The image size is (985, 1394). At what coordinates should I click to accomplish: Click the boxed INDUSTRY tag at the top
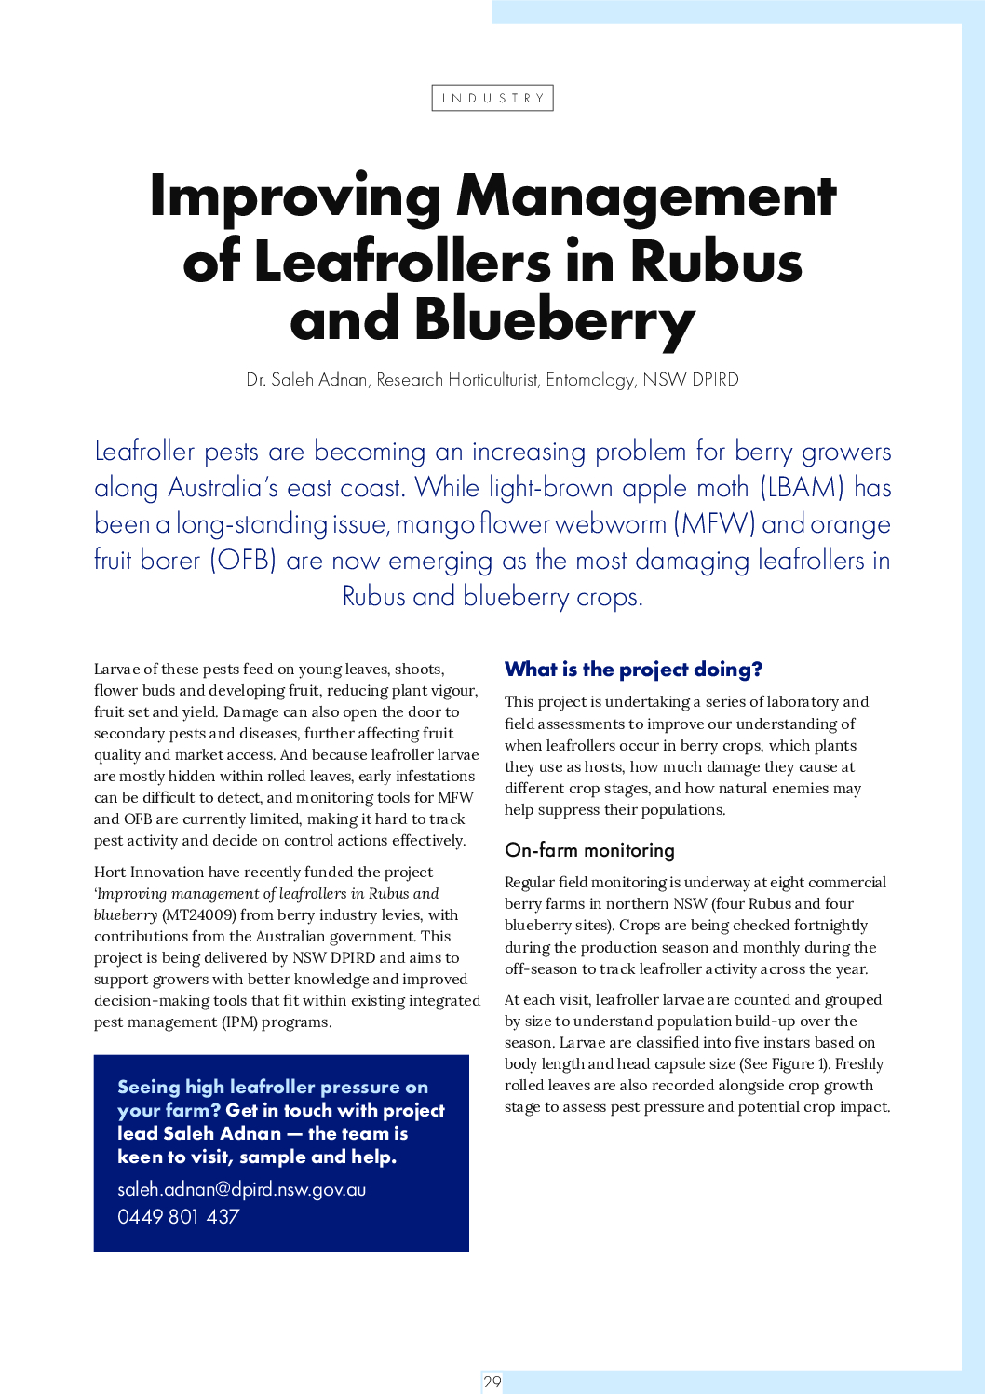point(492,98)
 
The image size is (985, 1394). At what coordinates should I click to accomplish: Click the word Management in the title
point(646,196)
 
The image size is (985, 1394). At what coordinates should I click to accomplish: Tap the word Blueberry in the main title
point(555,319)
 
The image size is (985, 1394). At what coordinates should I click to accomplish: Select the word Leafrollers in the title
point(401,261)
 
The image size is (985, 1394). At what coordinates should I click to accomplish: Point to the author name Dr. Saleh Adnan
point(307,380)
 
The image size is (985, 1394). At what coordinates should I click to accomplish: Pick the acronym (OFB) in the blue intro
point(243,561)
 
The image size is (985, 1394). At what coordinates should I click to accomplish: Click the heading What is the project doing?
point(633,670)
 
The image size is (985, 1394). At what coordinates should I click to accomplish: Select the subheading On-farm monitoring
point(589,850)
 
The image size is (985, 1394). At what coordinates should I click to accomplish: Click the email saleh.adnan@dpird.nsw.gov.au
point(241,1189)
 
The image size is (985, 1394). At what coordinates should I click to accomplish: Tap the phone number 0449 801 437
point(179,1216)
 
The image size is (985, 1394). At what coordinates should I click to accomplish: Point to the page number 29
point(492,1382)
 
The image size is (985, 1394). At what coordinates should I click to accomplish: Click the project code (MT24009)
point(198,915)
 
